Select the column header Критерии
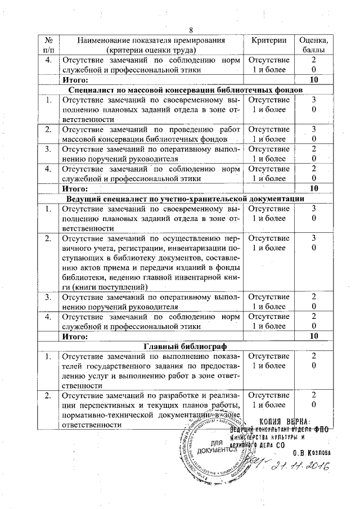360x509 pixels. tap(269, 40)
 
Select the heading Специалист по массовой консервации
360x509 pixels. tap(186, 89)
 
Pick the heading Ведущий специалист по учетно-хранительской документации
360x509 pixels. tap(186, 199)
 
